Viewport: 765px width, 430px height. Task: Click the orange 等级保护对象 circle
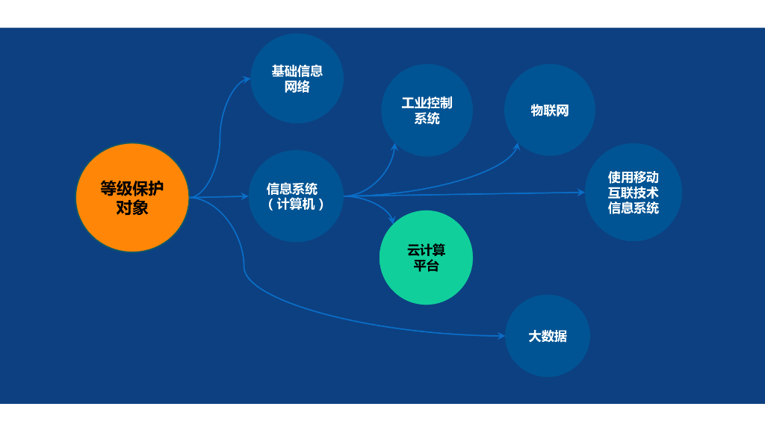coord(132,197)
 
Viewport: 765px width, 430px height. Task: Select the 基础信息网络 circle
coord(297,78)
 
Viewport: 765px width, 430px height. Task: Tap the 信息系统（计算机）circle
coord(296,196)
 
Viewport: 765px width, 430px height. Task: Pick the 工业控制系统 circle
coord(427,110)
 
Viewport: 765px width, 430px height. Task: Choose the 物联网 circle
coord(550,110)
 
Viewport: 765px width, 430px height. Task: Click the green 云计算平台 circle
coord(426,258)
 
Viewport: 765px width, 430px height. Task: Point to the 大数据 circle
coord(548,336)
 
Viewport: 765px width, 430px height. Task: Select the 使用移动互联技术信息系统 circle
coord(633,193)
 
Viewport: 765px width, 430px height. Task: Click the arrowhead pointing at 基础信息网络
coord(247,78)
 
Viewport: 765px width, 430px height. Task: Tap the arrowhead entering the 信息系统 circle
coord(245,196)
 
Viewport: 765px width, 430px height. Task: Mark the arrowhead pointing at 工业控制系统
coord(394,148)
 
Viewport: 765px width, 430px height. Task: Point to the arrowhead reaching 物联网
coord(516,146)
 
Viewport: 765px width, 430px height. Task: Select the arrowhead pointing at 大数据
coord(501,337)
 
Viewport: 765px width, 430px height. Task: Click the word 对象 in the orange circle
coord(132,208)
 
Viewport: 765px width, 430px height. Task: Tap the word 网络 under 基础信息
coord(297,87)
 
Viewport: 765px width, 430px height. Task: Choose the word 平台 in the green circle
coord(426,266)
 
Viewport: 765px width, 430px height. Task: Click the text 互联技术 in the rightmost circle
coord(633,193)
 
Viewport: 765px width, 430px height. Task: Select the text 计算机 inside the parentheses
coord(296,204)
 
